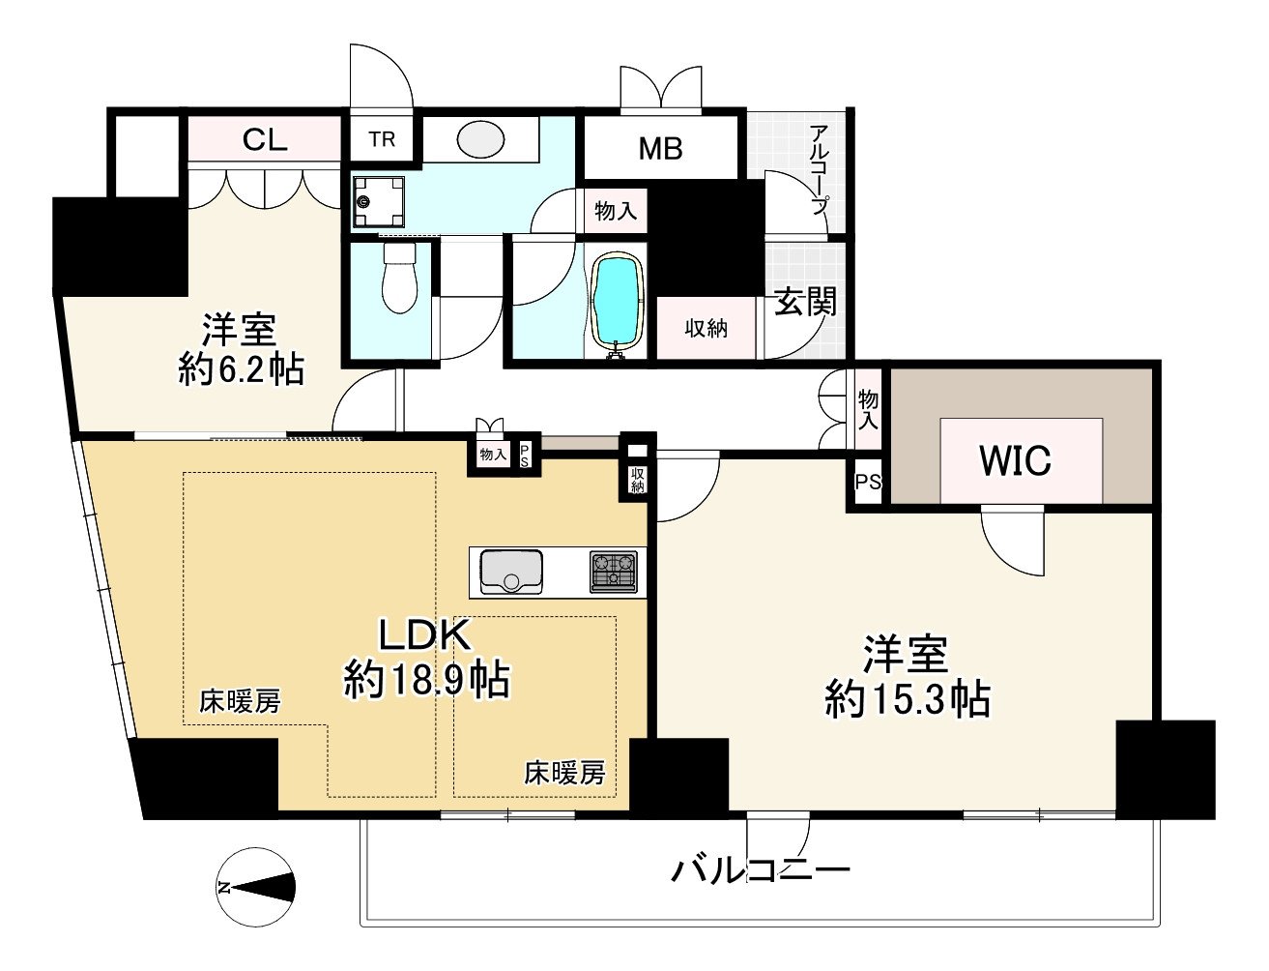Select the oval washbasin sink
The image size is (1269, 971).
pyautogui.click(x=480, y=141)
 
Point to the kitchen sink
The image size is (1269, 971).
pyautogui.click(x=511, y=571)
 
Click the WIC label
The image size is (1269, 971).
pyautogui.click(x=1015, y=461)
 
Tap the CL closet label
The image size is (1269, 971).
pyautogui.click(x=265, y=140)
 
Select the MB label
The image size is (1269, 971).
pyautogui.click(x=660, y=148)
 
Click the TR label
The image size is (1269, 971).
pyautogui.click(x=382, y=139)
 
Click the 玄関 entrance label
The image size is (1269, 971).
pyautogui.click(x=805, y=303)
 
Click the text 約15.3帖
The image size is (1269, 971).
pyautogui.click(x=907, y=697)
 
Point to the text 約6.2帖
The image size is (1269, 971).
pyautogui.click(x=241, y=368)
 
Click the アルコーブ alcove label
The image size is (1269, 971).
pyautogui.click(x=820, y=169)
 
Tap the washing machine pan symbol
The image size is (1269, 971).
pyautogui.click(x=378, y=202)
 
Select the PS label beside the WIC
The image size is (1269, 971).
pyautogui.click(x=868, y=481)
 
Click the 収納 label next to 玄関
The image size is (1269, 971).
pyautogui.click(x=706, y=329)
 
